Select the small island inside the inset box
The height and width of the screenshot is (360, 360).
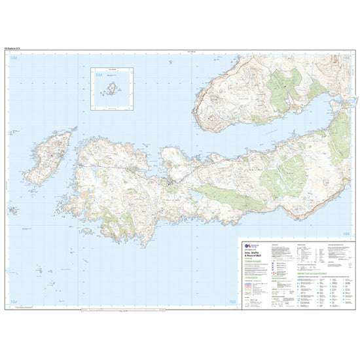pos(107,89)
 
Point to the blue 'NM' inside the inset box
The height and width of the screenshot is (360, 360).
pos(98,77)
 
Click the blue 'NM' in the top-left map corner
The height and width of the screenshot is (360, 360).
pos(12,58)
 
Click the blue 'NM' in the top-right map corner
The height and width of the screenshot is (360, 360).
pos(347,58)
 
